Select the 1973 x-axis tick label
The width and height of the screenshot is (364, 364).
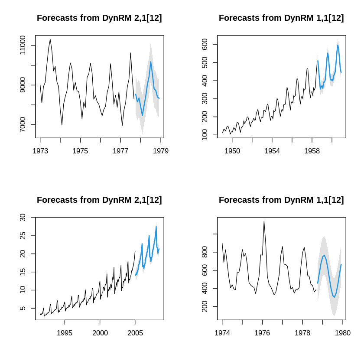click(x=40, y=151)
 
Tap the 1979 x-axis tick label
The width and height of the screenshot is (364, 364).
click(x=160, y=151)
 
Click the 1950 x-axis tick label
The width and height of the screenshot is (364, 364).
click(x=232, y=151)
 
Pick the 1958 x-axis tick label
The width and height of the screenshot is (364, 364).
click(x=312, y=151)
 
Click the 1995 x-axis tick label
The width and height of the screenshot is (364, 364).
click(x=65, y=333)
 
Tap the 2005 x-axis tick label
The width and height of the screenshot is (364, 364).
click(x=135, y=333)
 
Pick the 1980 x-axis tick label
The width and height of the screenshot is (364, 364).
click(x=342, y=333)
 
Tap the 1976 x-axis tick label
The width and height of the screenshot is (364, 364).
click(x=262, y=333)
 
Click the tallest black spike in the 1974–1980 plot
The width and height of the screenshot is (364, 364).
click(x=264, y=221)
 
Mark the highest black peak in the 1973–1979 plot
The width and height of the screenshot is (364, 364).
click(x=50, y=39)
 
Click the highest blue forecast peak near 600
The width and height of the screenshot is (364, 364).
click(x=338, y=45)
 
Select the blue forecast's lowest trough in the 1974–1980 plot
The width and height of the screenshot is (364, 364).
click(x=334, y=297)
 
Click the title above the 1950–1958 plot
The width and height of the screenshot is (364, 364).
click(x=281, y=18)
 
